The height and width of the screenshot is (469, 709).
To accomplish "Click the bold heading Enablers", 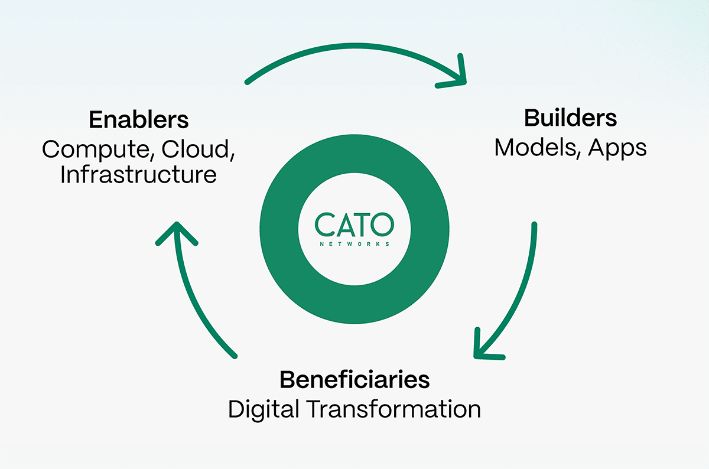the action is coord(139,120).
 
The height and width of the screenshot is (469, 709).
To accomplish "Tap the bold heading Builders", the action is coord(570,118).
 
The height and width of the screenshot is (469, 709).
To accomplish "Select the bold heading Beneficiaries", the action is coord(354,379).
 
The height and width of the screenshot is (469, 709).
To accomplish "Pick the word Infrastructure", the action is coord(139,174).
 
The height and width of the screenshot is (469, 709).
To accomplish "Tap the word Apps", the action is coord(617,148).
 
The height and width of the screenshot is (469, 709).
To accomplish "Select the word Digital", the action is coord(264,410).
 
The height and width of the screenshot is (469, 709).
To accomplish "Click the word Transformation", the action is coord(393,409).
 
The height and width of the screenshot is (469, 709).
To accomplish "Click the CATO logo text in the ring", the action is coord(354,224).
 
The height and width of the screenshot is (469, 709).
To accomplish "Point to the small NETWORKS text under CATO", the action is coord(354,244).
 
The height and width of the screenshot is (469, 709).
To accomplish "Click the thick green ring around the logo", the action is coord(354,308).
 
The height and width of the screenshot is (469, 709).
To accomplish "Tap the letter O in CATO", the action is coord(382,224).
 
